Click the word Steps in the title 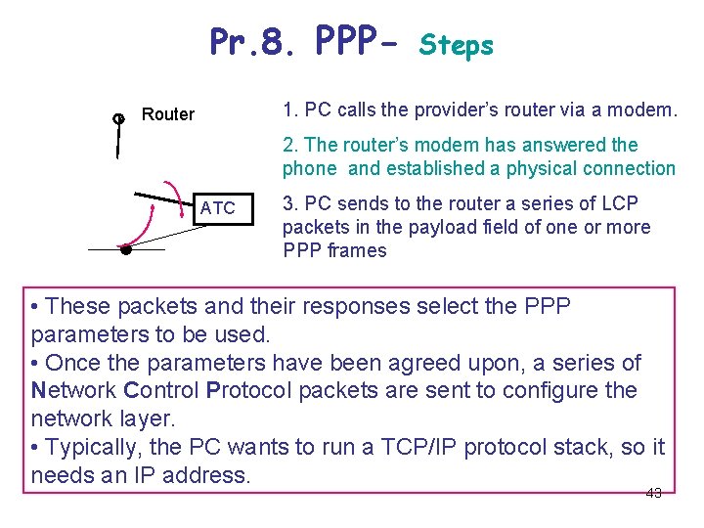(x=457, y=45)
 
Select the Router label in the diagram (x=168, y=114)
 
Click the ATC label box (x=217, y=208)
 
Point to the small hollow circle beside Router (x=118, y=119)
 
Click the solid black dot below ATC (x=125, y=249)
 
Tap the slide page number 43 (x=654, y=493)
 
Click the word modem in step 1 (x=644, y=110)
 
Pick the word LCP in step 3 (x=620, y=203)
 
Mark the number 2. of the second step (x=290, y=145)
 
